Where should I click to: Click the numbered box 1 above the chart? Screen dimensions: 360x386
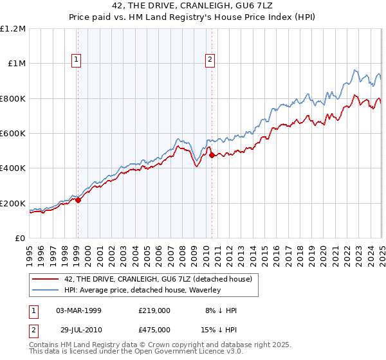pos(77,60)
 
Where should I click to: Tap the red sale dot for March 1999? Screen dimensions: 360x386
pos(78,200)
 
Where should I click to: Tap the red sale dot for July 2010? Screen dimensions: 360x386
pos(212,155)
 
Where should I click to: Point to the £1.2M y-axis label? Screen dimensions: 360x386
pos(13,29)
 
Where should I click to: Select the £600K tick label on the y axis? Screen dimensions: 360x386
pos(13,134)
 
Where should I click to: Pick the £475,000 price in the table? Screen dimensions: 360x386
pos(154,329)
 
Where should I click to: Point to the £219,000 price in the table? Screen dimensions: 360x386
pos(154,310)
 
